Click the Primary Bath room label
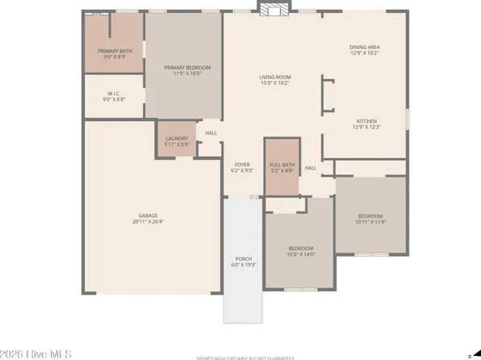[114, 51]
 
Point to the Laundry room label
[177, 138]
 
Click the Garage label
[148, 216]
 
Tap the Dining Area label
[365, 47]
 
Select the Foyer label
[242, 165]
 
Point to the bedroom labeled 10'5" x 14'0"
[300, 251]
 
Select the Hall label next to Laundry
[211, 133]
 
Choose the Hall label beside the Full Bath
[311, 169]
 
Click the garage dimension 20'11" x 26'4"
[148, 220]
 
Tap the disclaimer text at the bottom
[240, 358]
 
